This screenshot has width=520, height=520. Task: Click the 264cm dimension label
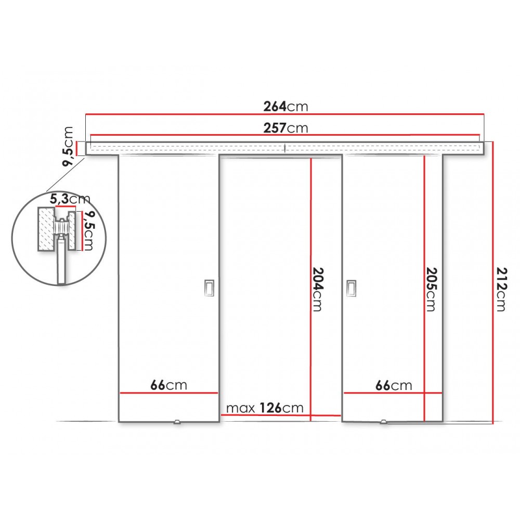coord(285,107)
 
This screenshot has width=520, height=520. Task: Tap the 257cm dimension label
coord(285,127)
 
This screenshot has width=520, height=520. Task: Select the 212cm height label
coord(500,289)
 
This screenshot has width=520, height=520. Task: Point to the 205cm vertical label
coord(431,289)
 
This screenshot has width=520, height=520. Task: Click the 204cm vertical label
coord(317,289)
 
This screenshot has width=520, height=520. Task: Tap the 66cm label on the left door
coord(169,385)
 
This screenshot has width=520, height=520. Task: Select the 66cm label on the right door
coord(394,385)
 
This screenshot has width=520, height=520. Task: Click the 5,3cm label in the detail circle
coord(70,199)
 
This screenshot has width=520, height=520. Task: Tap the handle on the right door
coord(352,288)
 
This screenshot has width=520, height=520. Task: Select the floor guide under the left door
coord(177,423)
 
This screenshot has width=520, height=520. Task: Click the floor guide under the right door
coord(384,423)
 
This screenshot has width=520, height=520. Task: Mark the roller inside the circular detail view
coord(61,228)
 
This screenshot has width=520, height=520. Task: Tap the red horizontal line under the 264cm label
coord(285,114)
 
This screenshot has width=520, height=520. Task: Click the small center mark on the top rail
coord(285,148)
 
